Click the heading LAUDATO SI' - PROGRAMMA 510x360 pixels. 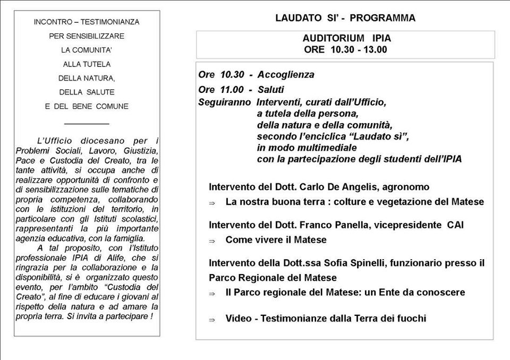coord(345,18)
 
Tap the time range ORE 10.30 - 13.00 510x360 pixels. coord(346,50)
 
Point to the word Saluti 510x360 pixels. coord(270,89)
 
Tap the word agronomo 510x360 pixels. coord(407,187)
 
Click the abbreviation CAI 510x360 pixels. coord(455,225)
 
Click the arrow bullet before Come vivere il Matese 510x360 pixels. coord(211,241)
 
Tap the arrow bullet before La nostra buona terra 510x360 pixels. coord(211,203)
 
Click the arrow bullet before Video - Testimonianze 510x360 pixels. coord(211,320)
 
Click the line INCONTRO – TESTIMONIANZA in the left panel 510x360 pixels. coord(86,22)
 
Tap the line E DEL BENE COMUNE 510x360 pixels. coord(86,106)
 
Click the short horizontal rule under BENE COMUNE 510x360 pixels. coord(86,123)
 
